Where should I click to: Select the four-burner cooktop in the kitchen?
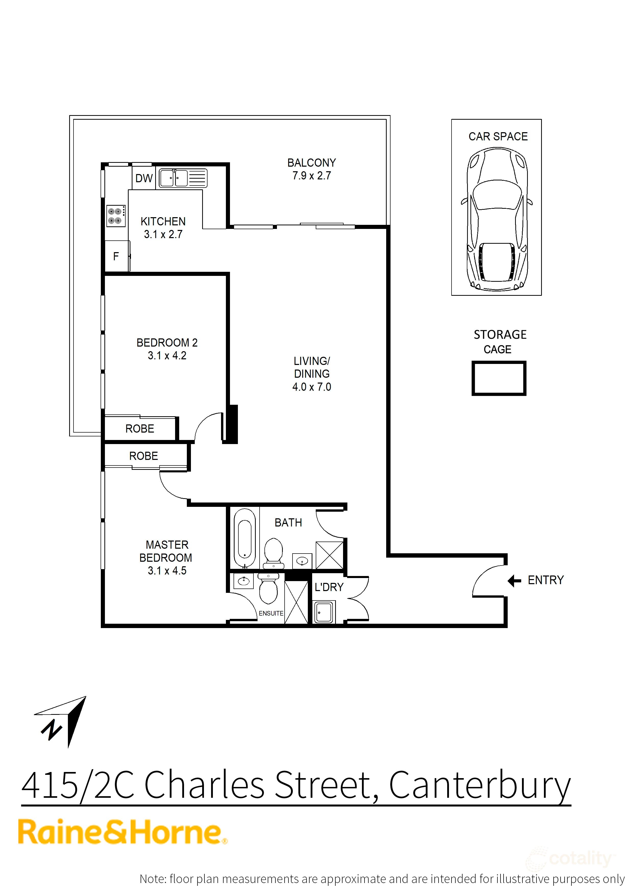click(x=116, y=216)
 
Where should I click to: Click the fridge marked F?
click(x=116, y=256)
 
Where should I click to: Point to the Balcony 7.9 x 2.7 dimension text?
click(x=311, y=176)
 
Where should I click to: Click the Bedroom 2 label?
click(x=167, y=343)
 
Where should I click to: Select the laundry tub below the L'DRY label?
click(x=323, y=612)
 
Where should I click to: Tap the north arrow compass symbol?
click(x=62, y=721)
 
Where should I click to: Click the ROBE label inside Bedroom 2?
click(x=140, y=429)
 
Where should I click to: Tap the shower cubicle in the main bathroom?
click(x=329, y=555)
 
